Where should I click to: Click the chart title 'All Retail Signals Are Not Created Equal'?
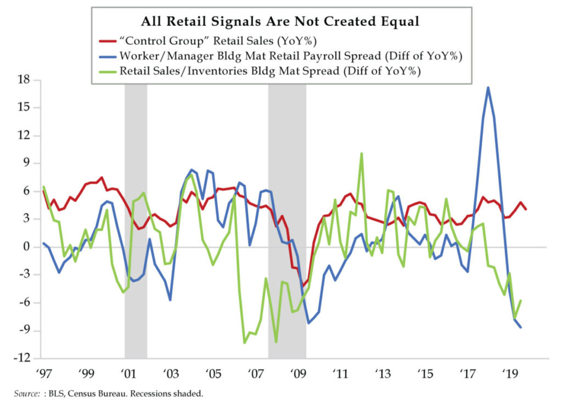[281, 22]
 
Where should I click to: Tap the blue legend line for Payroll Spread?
[106, 56]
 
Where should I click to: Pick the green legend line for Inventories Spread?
[106, 72]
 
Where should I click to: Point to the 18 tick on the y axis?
[23, 80]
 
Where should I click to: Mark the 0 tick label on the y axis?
[26, 247]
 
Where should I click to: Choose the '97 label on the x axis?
[43, 375]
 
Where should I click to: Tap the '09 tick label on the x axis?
[298, 375]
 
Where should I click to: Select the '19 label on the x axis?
[509, 375]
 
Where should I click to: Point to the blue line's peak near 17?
[488, 88]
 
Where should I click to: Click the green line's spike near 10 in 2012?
[361, 153]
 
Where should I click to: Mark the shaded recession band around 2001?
[136, 220]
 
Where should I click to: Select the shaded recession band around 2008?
[287, 220]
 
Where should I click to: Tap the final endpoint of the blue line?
[521, 327]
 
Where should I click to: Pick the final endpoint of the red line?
[526, 209]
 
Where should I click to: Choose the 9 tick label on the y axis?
[26, 163]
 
